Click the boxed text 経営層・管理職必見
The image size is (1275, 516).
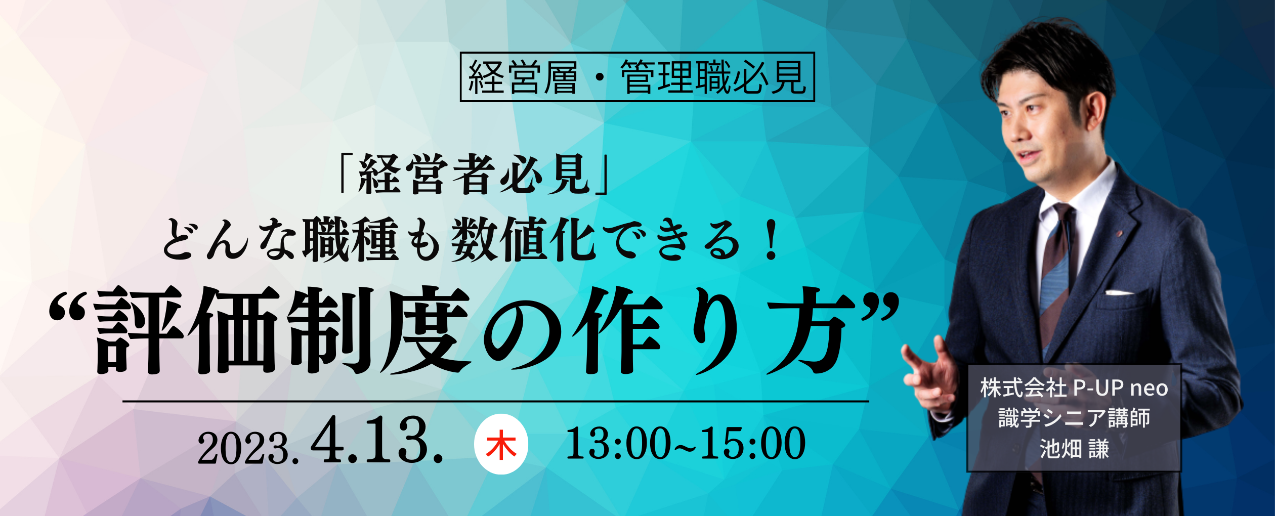tap(637, 77)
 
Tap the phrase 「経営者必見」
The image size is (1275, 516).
tap(475, 174)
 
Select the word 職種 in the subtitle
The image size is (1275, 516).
tap(351, 240)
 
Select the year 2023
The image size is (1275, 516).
tap(248, 449)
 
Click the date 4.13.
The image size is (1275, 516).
tap(377, 440)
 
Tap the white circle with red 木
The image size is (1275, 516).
tap(501, 444)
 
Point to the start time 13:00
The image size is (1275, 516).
tap(618, 444)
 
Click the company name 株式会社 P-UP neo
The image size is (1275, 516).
tap(1074, 388)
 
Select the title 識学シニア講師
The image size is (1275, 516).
tap(1074, 418)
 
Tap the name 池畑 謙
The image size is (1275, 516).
tap(1074, 448)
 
